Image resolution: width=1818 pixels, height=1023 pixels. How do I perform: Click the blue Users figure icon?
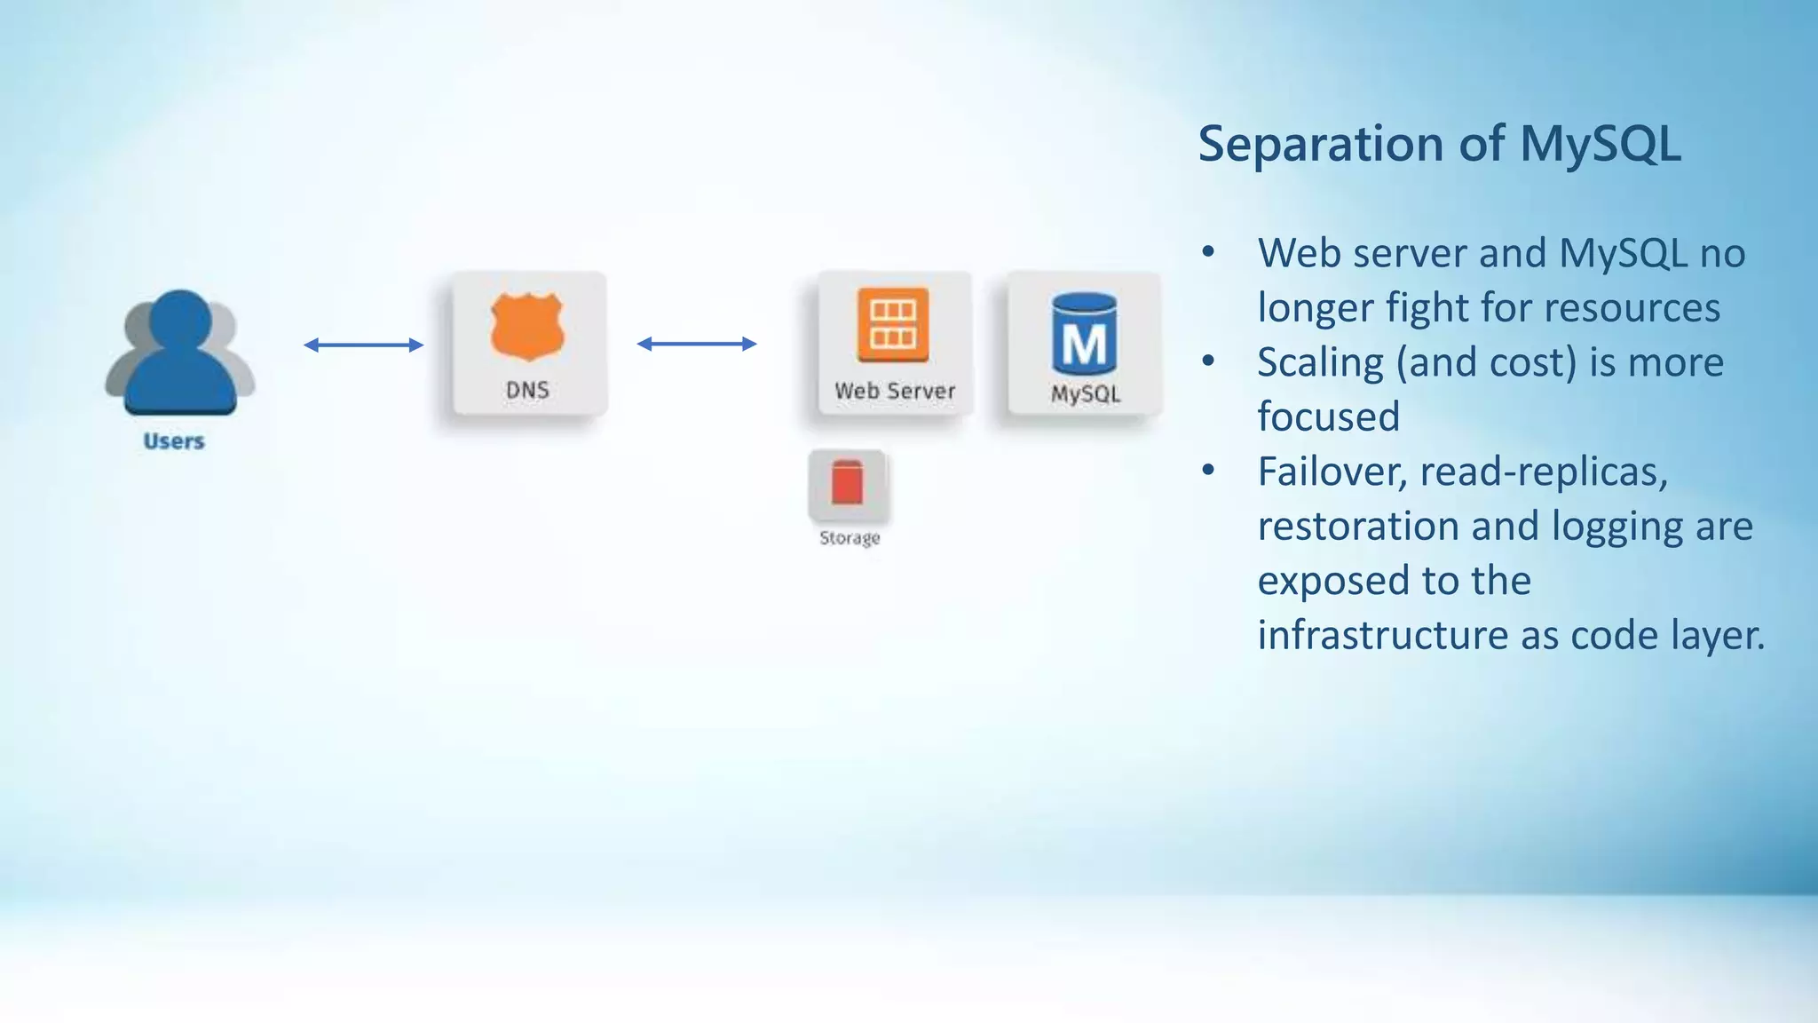pos(180,355)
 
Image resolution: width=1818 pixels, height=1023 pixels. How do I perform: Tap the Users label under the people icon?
pos(174,441)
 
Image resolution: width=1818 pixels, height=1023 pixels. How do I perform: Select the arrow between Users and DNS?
pos(363,345)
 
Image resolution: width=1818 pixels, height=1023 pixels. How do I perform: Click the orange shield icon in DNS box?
pos(527,326)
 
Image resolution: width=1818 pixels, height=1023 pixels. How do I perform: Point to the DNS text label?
pos(527,390)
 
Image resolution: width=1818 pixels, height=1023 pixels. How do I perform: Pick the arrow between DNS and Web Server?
pos(697,344)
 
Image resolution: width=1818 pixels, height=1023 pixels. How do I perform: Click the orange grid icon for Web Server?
pos(893,324)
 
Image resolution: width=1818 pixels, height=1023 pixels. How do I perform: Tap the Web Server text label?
pos(895,391)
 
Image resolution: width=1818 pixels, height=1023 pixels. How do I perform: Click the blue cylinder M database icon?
pos(1084,335)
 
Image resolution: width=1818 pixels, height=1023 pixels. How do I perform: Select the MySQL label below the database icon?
pos(1086,394)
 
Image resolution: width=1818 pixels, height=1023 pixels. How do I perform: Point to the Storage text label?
pos(850,538)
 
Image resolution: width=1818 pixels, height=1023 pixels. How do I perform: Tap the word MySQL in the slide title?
pos(1601,144)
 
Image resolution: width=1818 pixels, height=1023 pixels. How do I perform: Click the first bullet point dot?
pos(1208,253)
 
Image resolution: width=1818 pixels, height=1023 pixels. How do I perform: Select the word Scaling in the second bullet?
pos(1320,363)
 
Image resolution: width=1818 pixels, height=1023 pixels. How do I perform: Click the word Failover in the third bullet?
pos(1331,472)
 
